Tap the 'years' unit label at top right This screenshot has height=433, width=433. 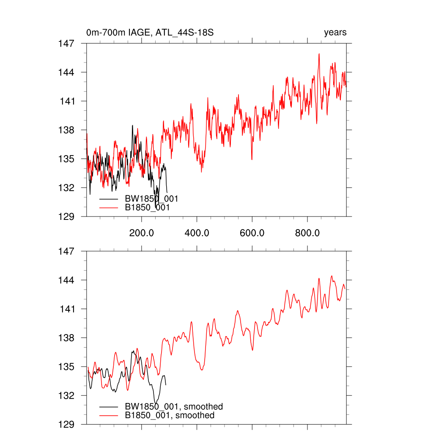coord(335,33)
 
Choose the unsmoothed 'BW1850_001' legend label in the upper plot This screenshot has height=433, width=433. coord(151,199)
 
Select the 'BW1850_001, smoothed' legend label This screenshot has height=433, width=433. coord(174,407)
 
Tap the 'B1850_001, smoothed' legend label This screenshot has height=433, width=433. coord(170,416)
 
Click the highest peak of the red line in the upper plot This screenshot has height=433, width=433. coord(319,54)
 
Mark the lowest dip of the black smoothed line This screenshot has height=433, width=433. coord(156,403)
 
